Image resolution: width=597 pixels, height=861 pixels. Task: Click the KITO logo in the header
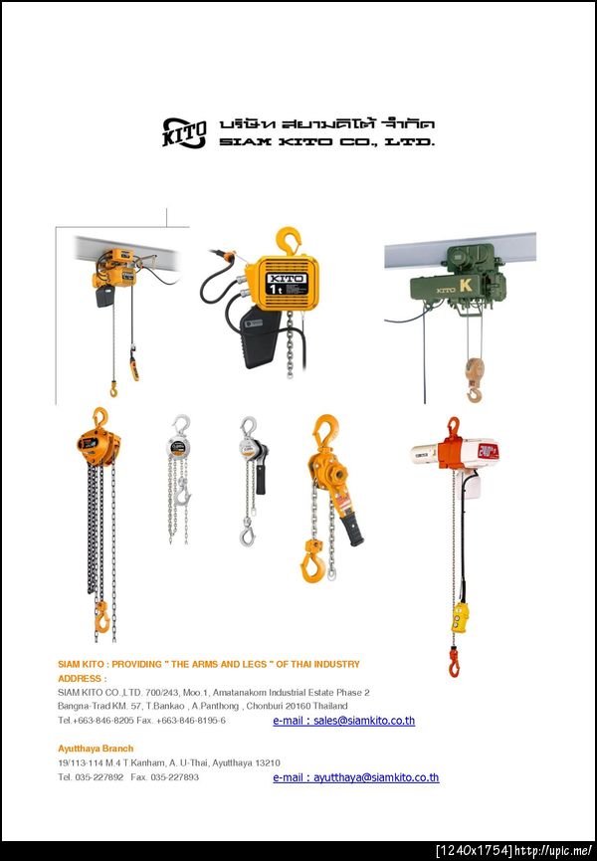tap(184, 133)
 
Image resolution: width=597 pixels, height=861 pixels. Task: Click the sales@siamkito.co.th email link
tap(344, 721)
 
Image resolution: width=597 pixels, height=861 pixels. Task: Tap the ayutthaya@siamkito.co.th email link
tap(356, 777)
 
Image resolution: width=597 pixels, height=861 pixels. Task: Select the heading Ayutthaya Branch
tap(96, 749)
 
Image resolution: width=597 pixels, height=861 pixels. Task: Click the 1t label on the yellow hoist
tap(276, 289)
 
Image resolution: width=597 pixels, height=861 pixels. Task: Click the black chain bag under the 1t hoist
tap(260, 336)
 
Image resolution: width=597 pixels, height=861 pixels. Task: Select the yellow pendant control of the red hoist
tap(460, 617)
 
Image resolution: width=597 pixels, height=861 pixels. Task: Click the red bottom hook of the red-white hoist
tap(455, 662)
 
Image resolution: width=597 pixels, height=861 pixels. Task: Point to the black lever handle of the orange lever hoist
tap(352, 530)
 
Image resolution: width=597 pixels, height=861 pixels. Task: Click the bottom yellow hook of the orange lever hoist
tap(312, 562)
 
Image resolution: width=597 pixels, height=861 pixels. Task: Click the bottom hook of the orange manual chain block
tap(102, 617)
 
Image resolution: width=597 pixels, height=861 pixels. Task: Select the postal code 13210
tap(268, 762)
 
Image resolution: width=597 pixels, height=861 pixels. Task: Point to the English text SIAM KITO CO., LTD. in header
tap(327, 141)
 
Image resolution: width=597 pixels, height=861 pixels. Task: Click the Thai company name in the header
tap(327, 123)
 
